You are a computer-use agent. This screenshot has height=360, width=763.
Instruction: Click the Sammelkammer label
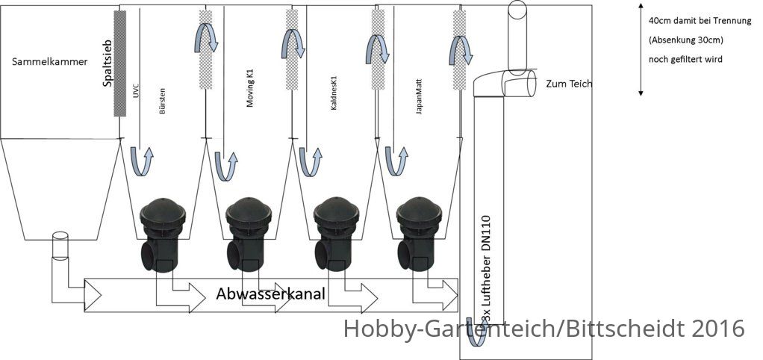click(49, 62)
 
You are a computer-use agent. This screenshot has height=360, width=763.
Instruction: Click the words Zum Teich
click(569, 84)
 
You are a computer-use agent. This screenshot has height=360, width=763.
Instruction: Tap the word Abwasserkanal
click(270, 294)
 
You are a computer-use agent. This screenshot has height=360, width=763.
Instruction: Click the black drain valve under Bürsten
click(162, 235)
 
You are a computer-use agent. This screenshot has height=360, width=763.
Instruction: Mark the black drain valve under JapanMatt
click(419, 234)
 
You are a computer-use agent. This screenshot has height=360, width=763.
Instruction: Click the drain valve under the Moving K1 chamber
click(249, 234)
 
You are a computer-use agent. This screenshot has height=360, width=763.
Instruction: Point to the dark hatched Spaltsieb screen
click(119, 63)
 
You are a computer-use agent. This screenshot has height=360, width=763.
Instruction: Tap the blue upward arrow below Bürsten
click(141, 161)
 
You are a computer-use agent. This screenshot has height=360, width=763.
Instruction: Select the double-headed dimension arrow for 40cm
click(641, 49)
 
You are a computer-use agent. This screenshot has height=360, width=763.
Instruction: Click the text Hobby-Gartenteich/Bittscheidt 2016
click(544, 329)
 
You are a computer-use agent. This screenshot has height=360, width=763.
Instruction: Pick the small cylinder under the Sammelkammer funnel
click(60, 247)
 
